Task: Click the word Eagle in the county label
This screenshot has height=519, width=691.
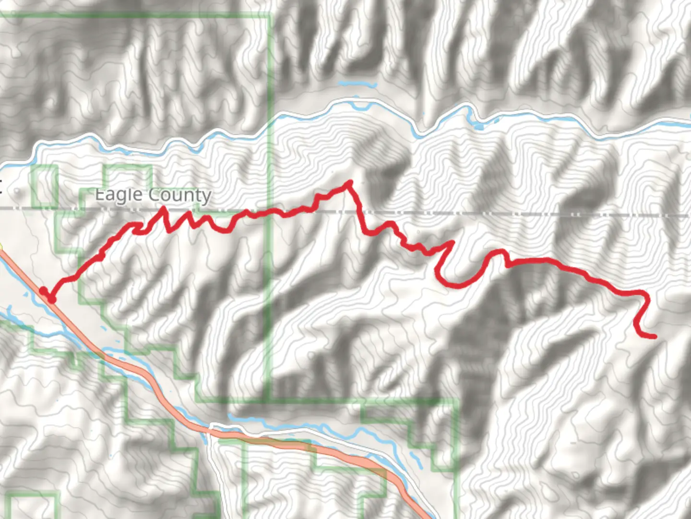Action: tap(119, 195)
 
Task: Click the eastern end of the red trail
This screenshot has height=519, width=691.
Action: tap(654, 336)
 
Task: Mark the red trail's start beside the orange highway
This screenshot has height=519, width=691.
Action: tap(51, 299)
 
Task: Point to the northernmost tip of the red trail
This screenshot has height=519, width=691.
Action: tap(350, 183)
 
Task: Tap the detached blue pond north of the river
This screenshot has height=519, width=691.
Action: tap(357, 85)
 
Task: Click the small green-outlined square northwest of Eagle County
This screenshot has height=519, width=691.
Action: tap(44, 186)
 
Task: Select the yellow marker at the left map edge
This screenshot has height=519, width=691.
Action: tap(1, 247)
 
